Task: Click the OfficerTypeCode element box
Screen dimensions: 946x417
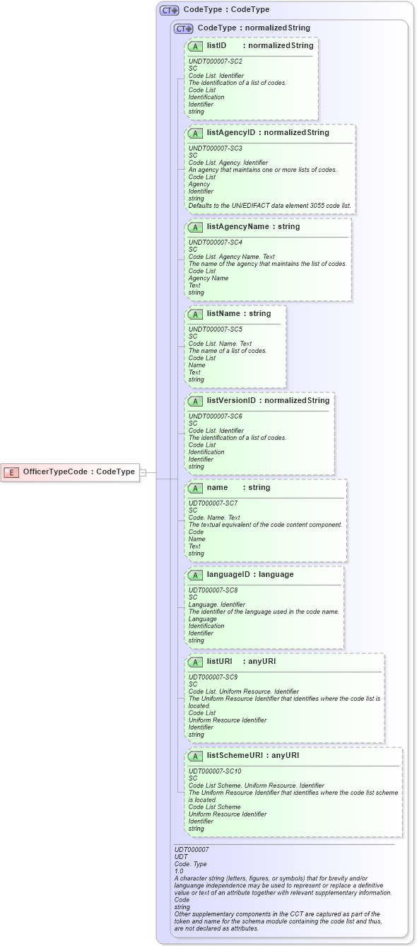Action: pyautogui.click(x=70, y=472)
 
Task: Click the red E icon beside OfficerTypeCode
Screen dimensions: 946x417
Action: pyautogui.click(x=12, y=472)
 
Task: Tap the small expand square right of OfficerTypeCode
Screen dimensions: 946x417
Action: pyautogui.click(x=143, y=472)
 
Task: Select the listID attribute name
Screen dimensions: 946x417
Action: pyautogui.click(x=216, y=45)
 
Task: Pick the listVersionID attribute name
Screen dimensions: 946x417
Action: pyautogui.click(x=231, y=400)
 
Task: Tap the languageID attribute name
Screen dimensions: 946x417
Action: pyautogui.click(x=230, y=574)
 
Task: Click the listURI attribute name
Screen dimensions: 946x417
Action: pyautogui.click(x=220, y=661)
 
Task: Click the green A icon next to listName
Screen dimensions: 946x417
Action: pyautogui.click(x=196, y=313)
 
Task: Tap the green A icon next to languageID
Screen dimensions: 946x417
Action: pyautogui.click(x=196, y=574)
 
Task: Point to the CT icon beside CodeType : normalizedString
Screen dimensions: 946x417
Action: pyautogui.click(x=184, y=28)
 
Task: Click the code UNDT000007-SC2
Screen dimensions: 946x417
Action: pyautogui.click(x=216, y=62)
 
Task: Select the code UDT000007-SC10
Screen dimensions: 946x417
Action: pyautogui.click(x=215, y=771)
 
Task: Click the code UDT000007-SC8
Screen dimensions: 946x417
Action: pyautogui.click(x=213, y=590)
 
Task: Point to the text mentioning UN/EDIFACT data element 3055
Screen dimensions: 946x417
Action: pyautogui.click(x=269, y=206)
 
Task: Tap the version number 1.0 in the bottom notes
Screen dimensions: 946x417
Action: pyautogui.click(x=179, y=871)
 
